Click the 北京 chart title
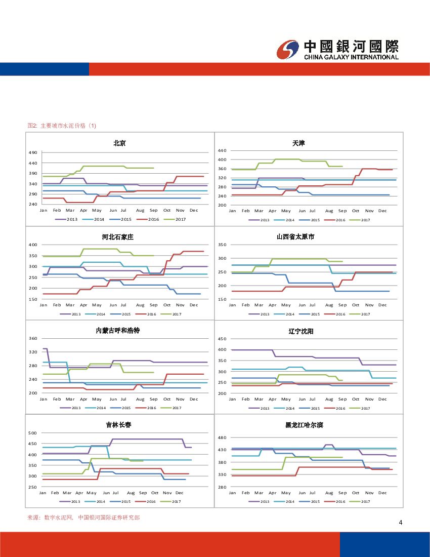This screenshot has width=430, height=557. [119, 143]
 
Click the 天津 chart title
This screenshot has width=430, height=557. [298, 143]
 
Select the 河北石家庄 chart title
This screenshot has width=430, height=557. [117, 237]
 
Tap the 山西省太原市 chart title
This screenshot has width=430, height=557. [295, 237]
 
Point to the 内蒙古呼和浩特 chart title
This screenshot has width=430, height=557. [117, 331]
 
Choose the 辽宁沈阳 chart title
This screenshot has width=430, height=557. [298, 332]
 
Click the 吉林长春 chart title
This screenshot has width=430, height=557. [118, 425]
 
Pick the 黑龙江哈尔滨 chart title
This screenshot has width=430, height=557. [304, 425]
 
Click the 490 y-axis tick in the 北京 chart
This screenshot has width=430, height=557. [33, 153]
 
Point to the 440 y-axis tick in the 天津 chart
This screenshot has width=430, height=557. [222, 151]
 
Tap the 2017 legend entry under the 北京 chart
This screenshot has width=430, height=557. [177, 219]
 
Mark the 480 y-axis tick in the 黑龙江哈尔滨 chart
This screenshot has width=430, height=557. [222, 437]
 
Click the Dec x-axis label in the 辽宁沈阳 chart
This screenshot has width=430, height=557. [382, 399]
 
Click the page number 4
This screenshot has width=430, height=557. [400, 523]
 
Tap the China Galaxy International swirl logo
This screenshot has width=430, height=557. [288, 49]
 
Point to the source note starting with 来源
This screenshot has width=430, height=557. [83, 518]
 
